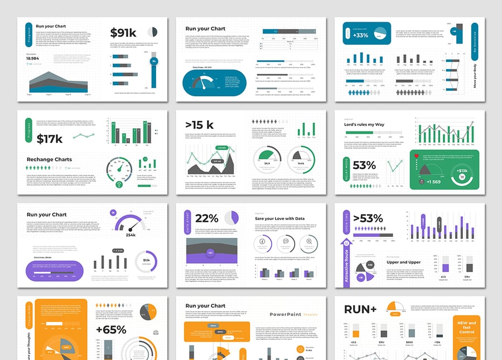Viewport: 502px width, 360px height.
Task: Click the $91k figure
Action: click(123, 33)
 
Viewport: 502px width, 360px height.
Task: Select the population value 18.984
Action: click(32, 58)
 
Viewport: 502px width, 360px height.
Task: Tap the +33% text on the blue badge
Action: click(360, 35)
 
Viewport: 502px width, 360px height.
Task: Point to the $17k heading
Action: click(50, 139)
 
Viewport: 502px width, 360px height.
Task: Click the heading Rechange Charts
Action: click(49, 159)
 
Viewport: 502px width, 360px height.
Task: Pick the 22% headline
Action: click(207, 218)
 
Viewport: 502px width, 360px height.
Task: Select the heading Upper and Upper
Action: click(404, 262)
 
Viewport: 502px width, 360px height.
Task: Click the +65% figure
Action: click(111, 330)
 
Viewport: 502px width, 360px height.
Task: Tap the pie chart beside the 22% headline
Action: click(233, 217)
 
